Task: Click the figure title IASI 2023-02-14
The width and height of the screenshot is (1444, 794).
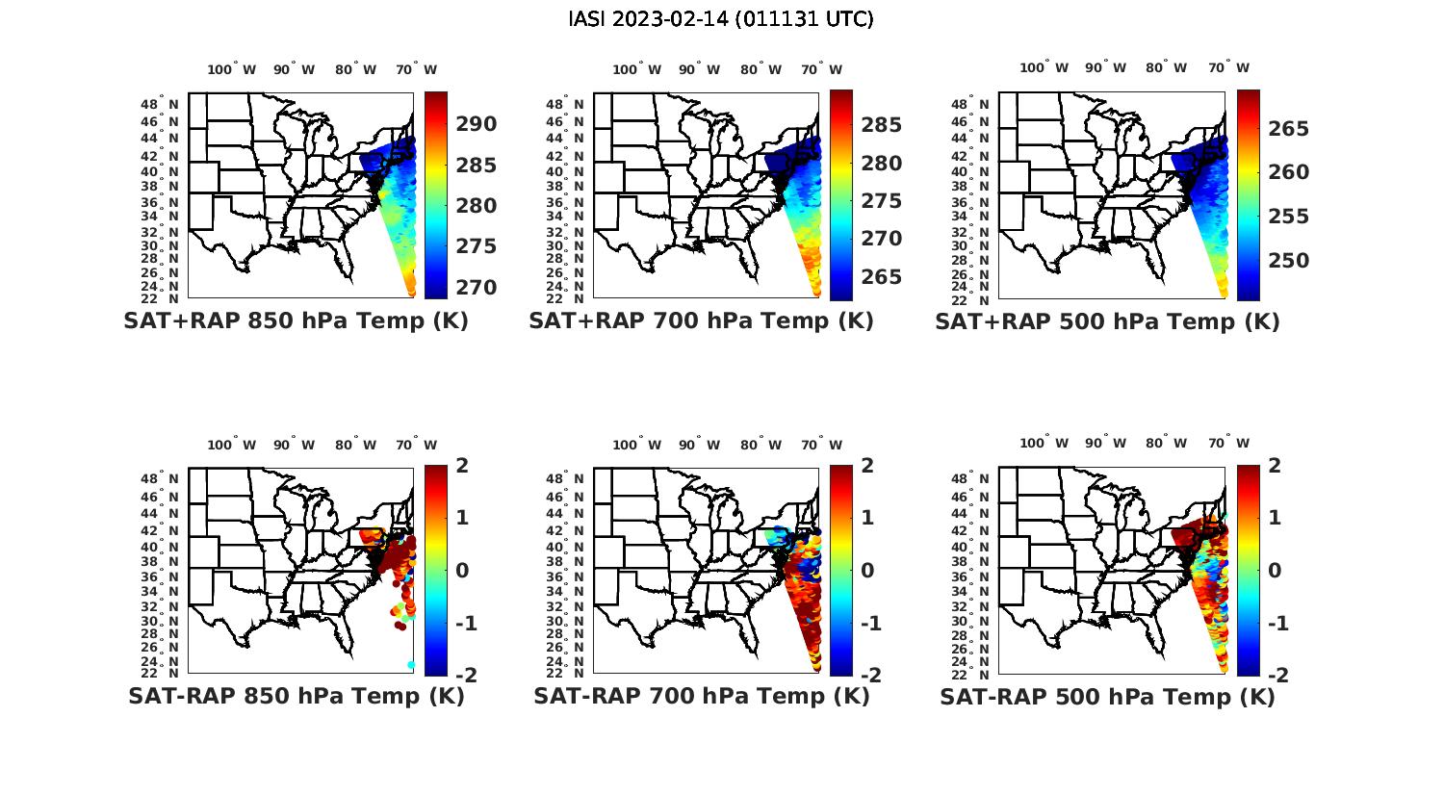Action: point(721,19)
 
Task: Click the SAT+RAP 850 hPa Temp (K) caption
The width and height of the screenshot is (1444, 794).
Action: point(296,320)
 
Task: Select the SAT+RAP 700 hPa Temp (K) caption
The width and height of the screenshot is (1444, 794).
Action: point(701,320)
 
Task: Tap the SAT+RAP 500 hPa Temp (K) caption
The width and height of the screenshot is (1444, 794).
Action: point(1107,321)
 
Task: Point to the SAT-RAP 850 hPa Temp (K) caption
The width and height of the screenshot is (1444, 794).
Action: point(296,696)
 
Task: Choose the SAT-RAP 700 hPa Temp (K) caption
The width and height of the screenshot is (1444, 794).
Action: point(701,696)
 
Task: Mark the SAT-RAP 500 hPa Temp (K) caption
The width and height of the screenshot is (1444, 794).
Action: point(1107,697)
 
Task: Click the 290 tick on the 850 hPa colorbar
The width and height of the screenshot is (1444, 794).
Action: point(477,124)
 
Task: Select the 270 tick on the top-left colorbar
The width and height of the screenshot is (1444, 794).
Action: point(477,287)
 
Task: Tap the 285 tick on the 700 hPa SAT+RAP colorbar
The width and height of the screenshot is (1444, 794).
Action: point(882,125)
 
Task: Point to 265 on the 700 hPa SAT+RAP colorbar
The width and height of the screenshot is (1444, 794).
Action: point(882,277)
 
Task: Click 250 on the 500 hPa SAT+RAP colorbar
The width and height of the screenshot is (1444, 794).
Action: point(1288,261)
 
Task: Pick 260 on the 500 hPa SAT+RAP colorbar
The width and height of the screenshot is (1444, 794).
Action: point(1288,172)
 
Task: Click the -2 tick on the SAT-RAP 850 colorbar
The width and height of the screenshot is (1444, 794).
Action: point(465,676)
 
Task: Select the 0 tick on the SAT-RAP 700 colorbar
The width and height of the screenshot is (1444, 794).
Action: point(866,570)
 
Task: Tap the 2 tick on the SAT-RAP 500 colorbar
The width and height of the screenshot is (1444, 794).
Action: point(1274,466)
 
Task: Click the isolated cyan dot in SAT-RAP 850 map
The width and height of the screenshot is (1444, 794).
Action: point(411,665)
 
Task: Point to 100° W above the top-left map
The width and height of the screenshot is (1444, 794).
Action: point(231,69)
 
